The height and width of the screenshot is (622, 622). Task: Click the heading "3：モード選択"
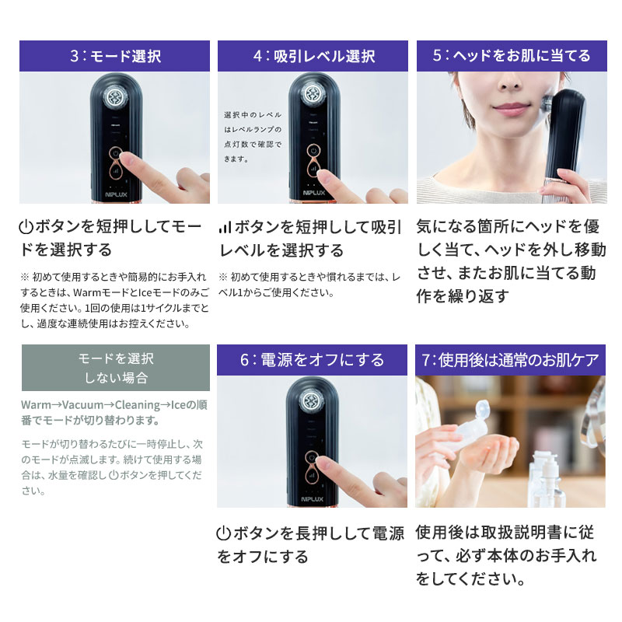114,56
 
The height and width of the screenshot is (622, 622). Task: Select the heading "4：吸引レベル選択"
313,56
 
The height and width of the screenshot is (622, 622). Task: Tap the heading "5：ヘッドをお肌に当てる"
512,56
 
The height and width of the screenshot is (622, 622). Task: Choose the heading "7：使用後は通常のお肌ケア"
512,360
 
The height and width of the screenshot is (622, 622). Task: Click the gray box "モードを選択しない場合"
115,368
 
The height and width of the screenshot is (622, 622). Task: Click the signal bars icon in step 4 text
225,228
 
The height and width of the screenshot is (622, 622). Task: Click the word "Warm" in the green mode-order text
36,405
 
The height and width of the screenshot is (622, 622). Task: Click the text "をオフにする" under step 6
262,557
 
